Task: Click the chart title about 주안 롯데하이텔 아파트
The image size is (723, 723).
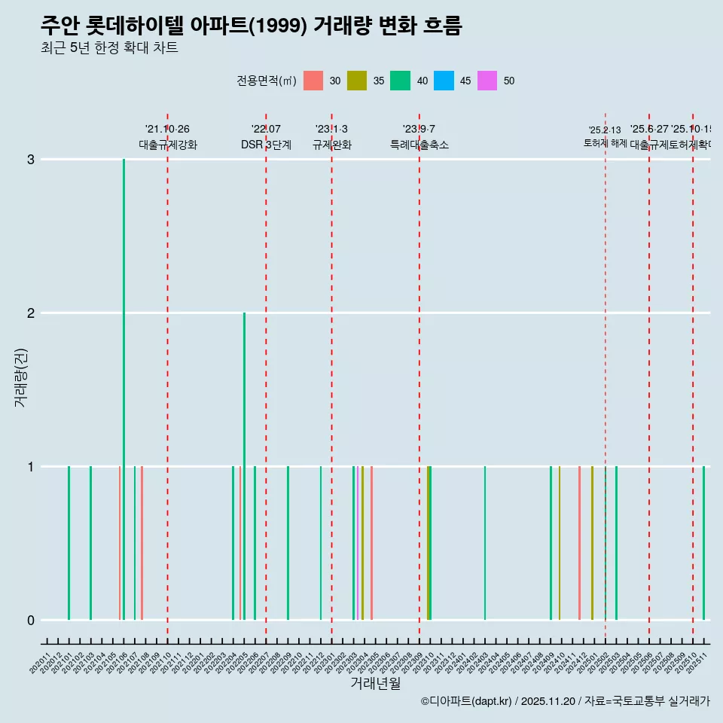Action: coord(251,26)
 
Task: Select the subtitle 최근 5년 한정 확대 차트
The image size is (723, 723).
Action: coord(109,48)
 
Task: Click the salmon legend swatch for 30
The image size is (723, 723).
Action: coord(313,81)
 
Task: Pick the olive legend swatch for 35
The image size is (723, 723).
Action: coord(356,81)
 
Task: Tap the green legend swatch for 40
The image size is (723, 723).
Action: coord(400,81)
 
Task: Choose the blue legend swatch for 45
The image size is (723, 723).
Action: coord(444,81)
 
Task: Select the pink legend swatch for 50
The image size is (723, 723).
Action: coord(487,81)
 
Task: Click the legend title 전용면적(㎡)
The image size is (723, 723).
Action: coord(266,81)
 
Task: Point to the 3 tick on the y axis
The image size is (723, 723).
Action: coord(30,160)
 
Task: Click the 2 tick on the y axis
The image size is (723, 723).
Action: coord(30,313)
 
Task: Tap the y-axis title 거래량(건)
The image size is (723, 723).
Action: coord(21,377)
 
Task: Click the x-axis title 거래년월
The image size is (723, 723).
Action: coord(375,683)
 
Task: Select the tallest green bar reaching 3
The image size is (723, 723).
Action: coord(124,377)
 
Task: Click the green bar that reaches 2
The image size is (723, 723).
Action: coord(244,452)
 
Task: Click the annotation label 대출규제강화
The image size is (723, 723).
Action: coord(167,145)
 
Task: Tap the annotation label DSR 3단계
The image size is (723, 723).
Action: coord(266,145)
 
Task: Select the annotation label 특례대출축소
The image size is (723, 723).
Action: coord(419,145)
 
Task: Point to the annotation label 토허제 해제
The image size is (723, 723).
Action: coord(605,143)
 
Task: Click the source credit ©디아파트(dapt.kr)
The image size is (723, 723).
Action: coord(467,701)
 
